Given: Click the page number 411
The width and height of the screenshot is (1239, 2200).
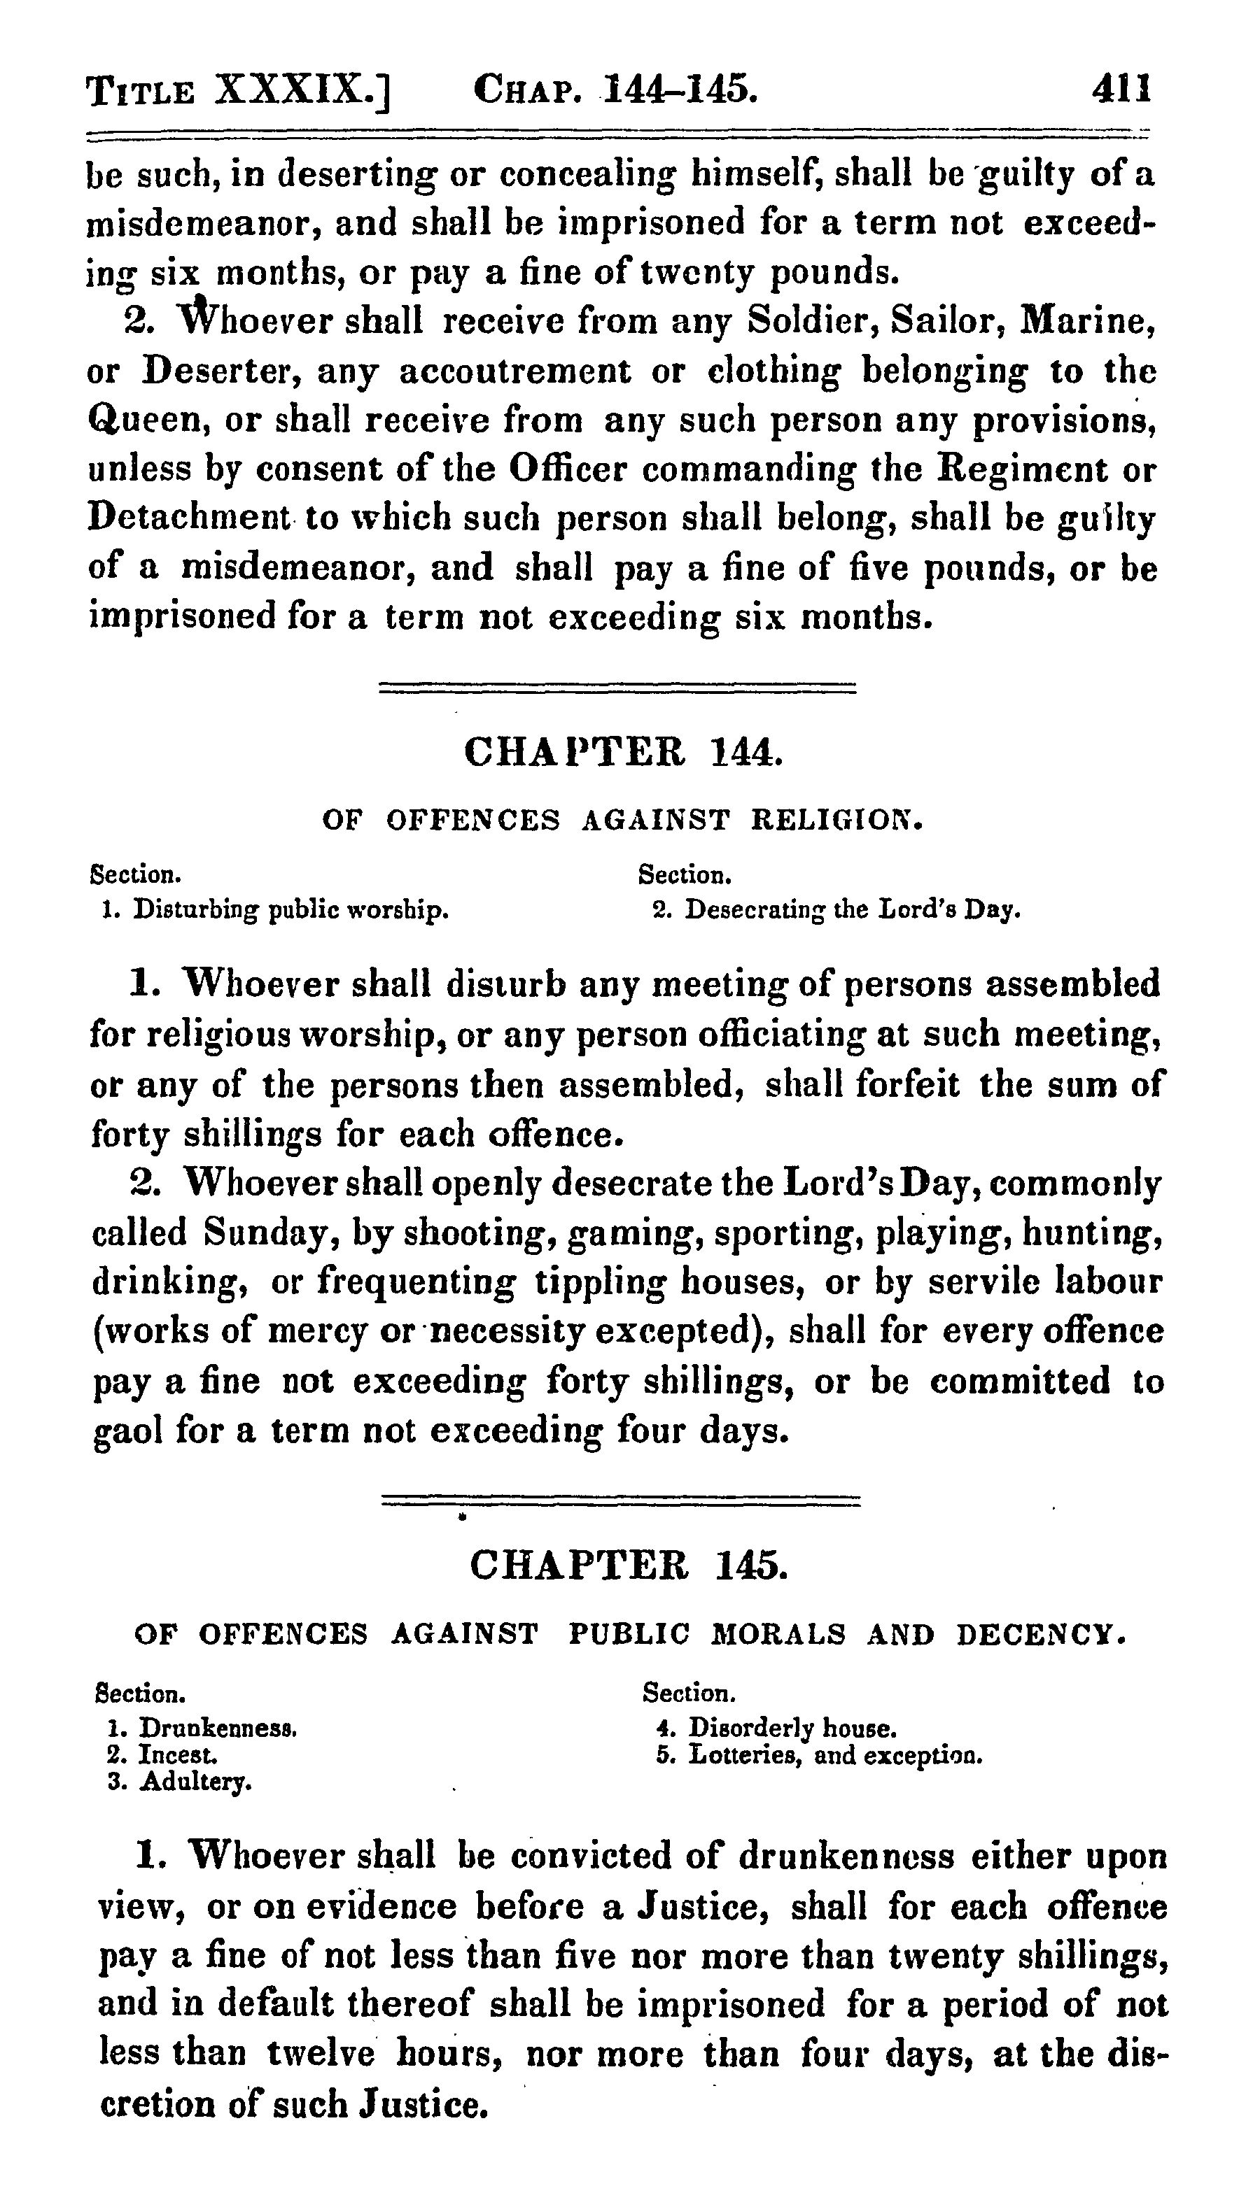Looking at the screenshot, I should [x=1121, y=89].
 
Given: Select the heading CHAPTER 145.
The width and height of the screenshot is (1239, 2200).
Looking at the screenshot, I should [x=627, y=1566].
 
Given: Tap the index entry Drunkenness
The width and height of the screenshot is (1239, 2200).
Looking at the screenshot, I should [x=217, y=1729].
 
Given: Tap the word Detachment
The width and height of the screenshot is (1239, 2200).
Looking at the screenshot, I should [x=190, y=518].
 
